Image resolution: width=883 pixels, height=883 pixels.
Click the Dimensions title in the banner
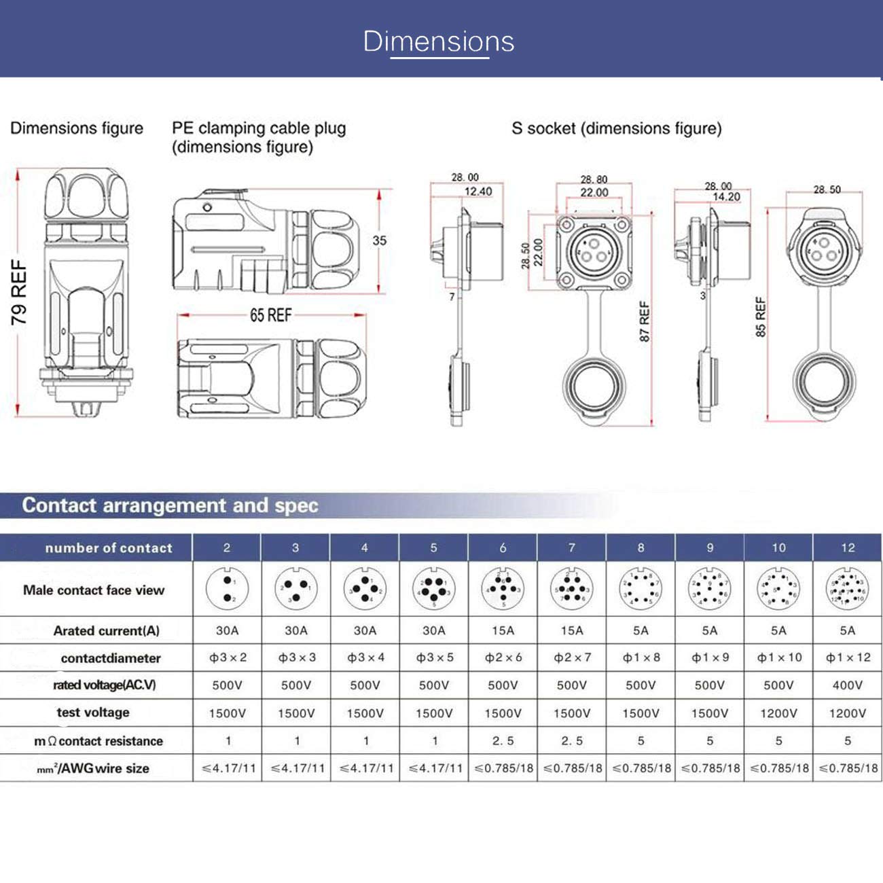pos(439,41)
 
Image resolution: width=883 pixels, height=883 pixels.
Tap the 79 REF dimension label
pos(19,292)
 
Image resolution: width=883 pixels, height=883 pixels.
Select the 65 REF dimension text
pos(270,315)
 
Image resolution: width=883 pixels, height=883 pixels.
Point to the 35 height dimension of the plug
pos(379,240)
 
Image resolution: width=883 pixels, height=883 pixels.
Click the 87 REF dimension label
pos(644,321)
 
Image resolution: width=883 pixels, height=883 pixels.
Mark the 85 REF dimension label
pos(760,317)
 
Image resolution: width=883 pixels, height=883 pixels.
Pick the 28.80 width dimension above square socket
pos(594,179)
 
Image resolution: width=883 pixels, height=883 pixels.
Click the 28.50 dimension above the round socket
pos(827,190)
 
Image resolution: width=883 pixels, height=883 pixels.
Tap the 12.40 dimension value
pos(477,192)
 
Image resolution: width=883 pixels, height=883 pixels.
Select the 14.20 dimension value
pos(725,197)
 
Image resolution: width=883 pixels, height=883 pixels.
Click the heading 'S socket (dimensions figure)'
pos(616,128)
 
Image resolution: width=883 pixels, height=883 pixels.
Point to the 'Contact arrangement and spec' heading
pos(170,505)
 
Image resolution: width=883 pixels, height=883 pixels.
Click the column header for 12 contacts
pos(847,547)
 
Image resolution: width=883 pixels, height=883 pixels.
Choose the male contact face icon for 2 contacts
pos(227,590)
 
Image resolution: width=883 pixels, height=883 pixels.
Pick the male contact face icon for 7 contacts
pos(571,590)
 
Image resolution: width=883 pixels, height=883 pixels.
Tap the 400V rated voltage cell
pos(847,685)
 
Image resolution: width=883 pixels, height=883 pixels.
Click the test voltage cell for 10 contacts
pos(778,713)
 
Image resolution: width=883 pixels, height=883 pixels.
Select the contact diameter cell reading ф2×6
pos(503,657)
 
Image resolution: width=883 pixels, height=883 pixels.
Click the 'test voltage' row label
pos(93,713)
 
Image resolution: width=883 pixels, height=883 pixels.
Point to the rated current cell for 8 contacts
pos(641,630)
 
